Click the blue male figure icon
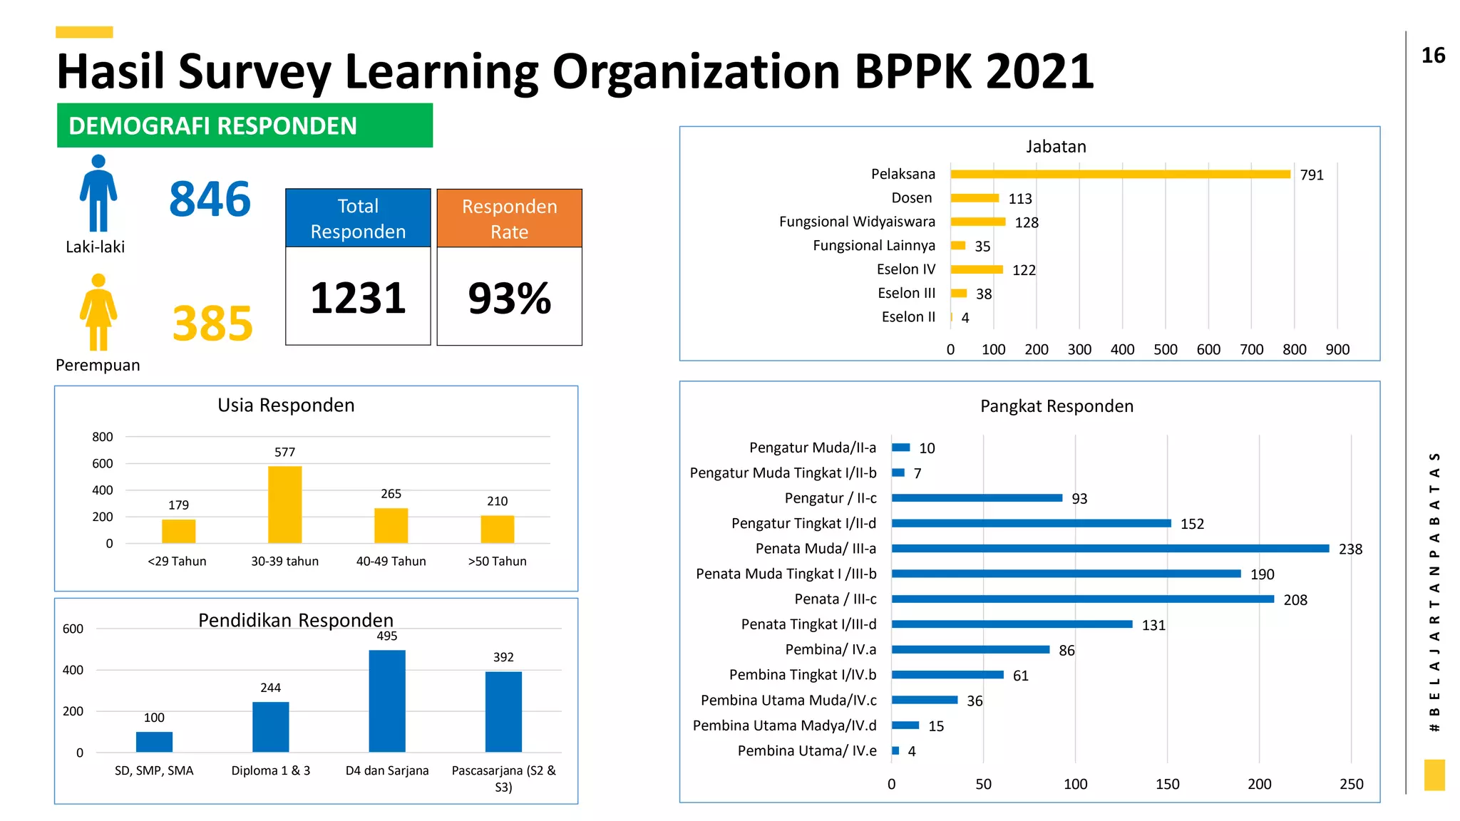pyautogui.click(x=98, y=193)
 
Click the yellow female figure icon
pyautogui.click(x=98, y=312)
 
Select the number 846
pyautogui.click(x=210, y=199)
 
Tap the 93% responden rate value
pyautogui.click(x=509, y=298)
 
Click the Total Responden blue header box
pyautogui.click(x=358, y=218)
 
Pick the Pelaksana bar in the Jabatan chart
pyautogui.click(x=1119, y=174)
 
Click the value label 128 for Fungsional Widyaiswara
pyautogui.click(x=1027, y=222)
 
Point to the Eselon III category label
pyautogui.click(x=906, y=293)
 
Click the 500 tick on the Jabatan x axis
pyautogui.click(x=1165, y=349)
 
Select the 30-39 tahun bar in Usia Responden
pyautogui.click(x=284, y=504)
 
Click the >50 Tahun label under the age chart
pyautogui.click(x=497, y=561)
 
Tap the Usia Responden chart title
pyautogui.click(x=286, y=405)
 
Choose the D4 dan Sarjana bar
pyautogui.click(x=387, y=701)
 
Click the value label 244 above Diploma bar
pyautogui.click(x=270, y=688)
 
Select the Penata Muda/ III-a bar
pyautogui.click(x=1109, y=548)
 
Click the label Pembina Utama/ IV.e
pyautogui.click(x=806, y=750)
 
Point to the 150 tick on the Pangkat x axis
pyautogui.click(x=1167, y=784)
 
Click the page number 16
pyautogui.click(x=1433, y=56)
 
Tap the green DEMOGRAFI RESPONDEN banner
pyautogui.click(x=245, y=125)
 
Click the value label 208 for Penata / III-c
pyautogui.click(x=1295, y=600)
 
